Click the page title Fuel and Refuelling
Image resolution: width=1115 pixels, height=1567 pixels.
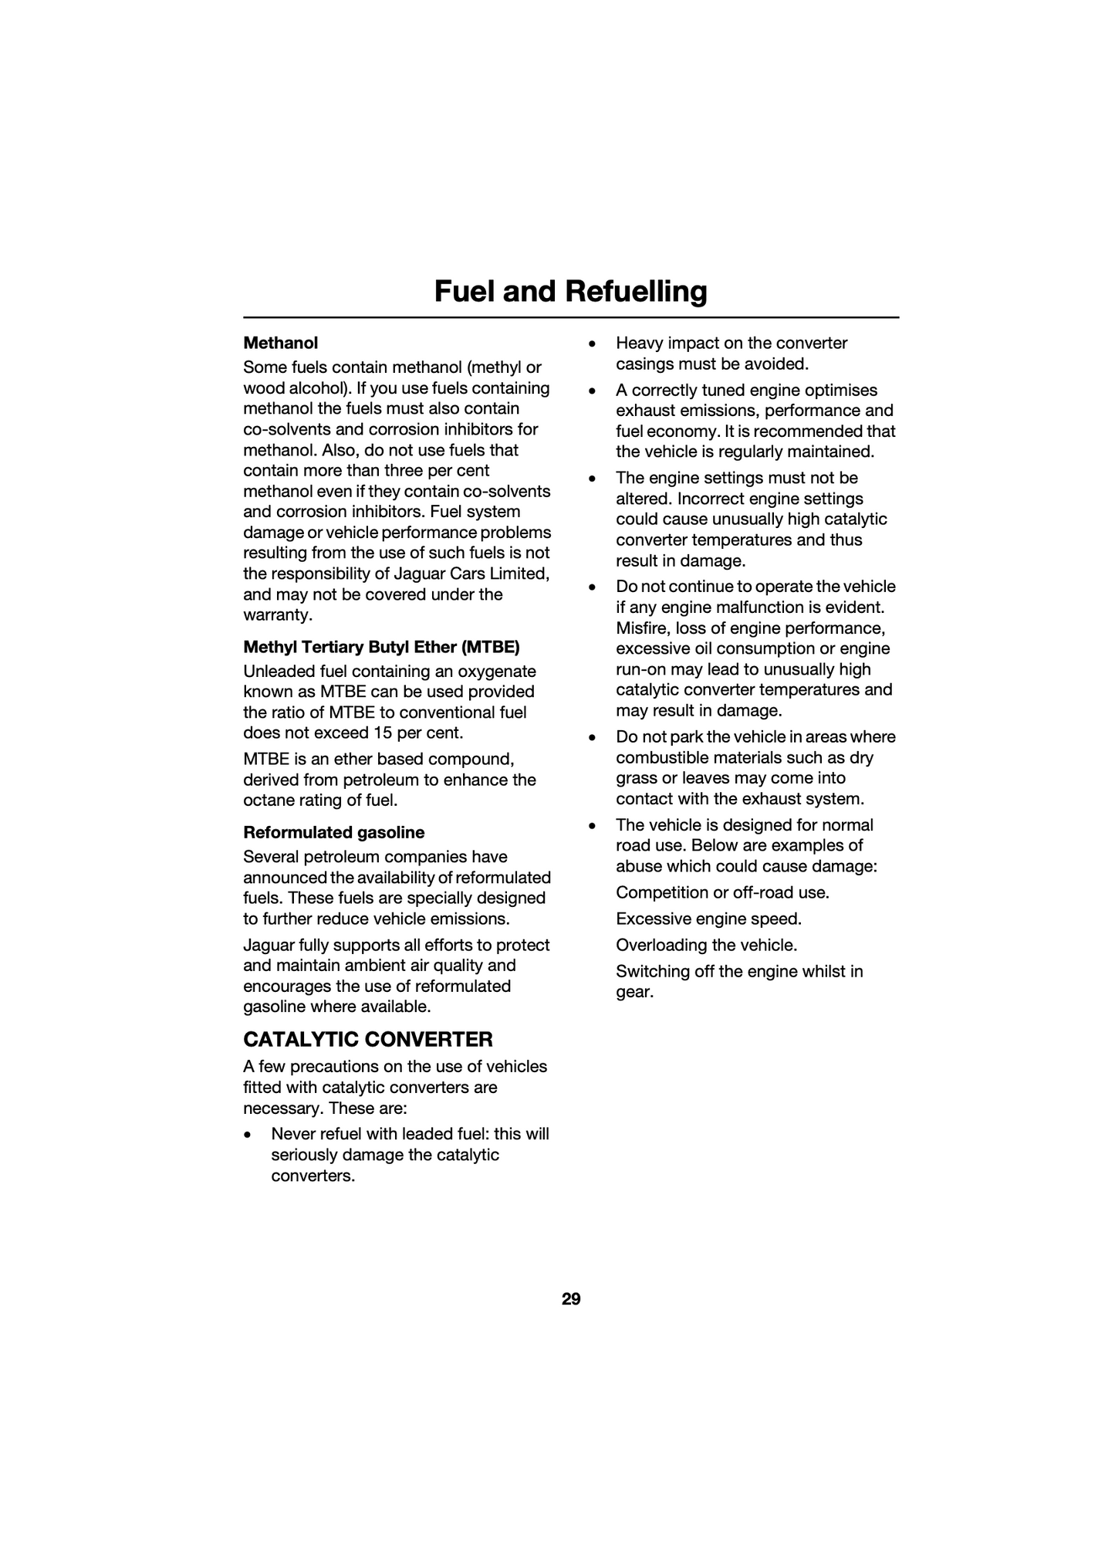click(570, 292)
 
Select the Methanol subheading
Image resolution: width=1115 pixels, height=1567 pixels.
click(280, 343)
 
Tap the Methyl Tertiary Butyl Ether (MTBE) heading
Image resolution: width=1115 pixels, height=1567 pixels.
click(381, 646)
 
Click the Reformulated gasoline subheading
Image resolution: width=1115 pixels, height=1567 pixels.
click(333, 832)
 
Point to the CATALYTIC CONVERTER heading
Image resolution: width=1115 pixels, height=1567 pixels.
click(367, 1039)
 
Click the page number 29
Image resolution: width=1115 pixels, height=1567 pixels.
click(571, 1299)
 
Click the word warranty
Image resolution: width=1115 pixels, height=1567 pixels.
click(276, 615)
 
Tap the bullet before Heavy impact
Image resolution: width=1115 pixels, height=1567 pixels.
click(592, 344)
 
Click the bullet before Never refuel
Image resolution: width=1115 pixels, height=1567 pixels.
click(247, 1135)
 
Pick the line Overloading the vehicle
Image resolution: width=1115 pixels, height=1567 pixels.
click(706, 945)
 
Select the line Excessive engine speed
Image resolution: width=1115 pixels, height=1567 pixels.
click(708, 919)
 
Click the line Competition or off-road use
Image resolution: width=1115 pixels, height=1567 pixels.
click(722, 892)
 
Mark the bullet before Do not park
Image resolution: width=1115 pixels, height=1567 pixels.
click(592, 738)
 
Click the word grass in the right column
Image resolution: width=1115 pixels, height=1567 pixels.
click(637, 779)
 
